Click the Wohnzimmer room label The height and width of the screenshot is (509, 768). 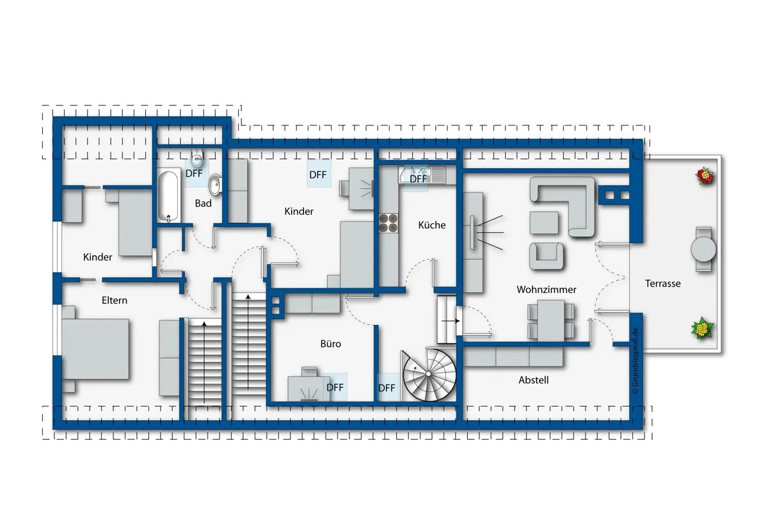click(x=546, y=290)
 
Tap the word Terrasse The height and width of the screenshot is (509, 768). click(x=662, y=284)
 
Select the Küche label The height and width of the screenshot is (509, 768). click(x=431, y=225)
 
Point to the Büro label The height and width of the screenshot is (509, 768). click(x=330, y=343)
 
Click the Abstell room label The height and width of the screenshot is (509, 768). click(x=533, y=380)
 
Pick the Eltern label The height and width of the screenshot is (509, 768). click(x=114, y=301)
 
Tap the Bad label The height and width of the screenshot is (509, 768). click(x=203, y=203)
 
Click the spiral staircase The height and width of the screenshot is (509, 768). click(x=429, y=375)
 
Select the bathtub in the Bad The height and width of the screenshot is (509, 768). click(x=169, y=196)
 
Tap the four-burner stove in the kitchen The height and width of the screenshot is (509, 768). click(x=388, y=223)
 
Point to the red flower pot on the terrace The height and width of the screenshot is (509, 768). click(x=705, y=176)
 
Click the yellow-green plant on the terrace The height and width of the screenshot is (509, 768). click(x=702, y=328)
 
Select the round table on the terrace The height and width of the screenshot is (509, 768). click(x=703, y=249)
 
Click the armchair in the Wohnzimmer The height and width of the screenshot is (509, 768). click(x=546, y=256)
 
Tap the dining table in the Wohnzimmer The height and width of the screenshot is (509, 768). click(x=551, y=320)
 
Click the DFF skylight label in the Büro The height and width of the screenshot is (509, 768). click(x=335, y=388)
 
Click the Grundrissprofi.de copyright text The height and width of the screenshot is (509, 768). click(x=635, y=361)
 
